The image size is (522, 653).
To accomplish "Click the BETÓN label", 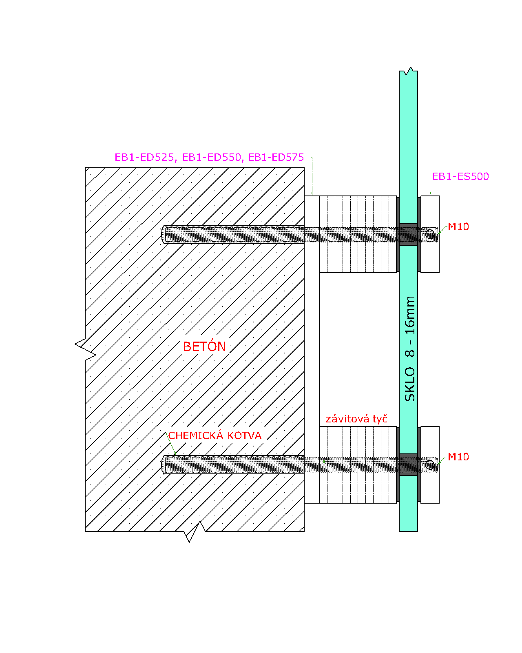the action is (204, 346).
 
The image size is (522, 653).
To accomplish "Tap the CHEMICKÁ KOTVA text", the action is (215, 435).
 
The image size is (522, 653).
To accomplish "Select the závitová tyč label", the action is (356, 419).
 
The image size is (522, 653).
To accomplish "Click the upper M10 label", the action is (458, 227).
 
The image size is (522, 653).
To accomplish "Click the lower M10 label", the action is (458, 457).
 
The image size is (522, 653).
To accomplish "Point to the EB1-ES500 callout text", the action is (460, 177).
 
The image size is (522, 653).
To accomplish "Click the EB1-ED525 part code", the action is (145, 158).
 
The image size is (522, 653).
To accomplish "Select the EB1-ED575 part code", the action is (276, 157).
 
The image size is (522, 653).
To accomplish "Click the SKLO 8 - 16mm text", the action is (409, 349).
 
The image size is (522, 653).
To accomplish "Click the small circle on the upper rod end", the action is (430, 234).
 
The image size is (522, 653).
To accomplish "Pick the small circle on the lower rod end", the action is (430, 464).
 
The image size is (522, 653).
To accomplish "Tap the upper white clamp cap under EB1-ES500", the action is (430, 234).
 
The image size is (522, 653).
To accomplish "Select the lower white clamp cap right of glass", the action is (430, 464).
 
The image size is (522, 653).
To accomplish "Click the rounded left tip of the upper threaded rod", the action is (162, 234).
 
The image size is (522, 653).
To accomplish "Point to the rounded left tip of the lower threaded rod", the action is (162, 464).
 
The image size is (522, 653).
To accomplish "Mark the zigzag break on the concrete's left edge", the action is (86, 349).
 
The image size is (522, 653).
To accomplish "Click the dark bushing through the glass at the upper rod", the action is (408, 234).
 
